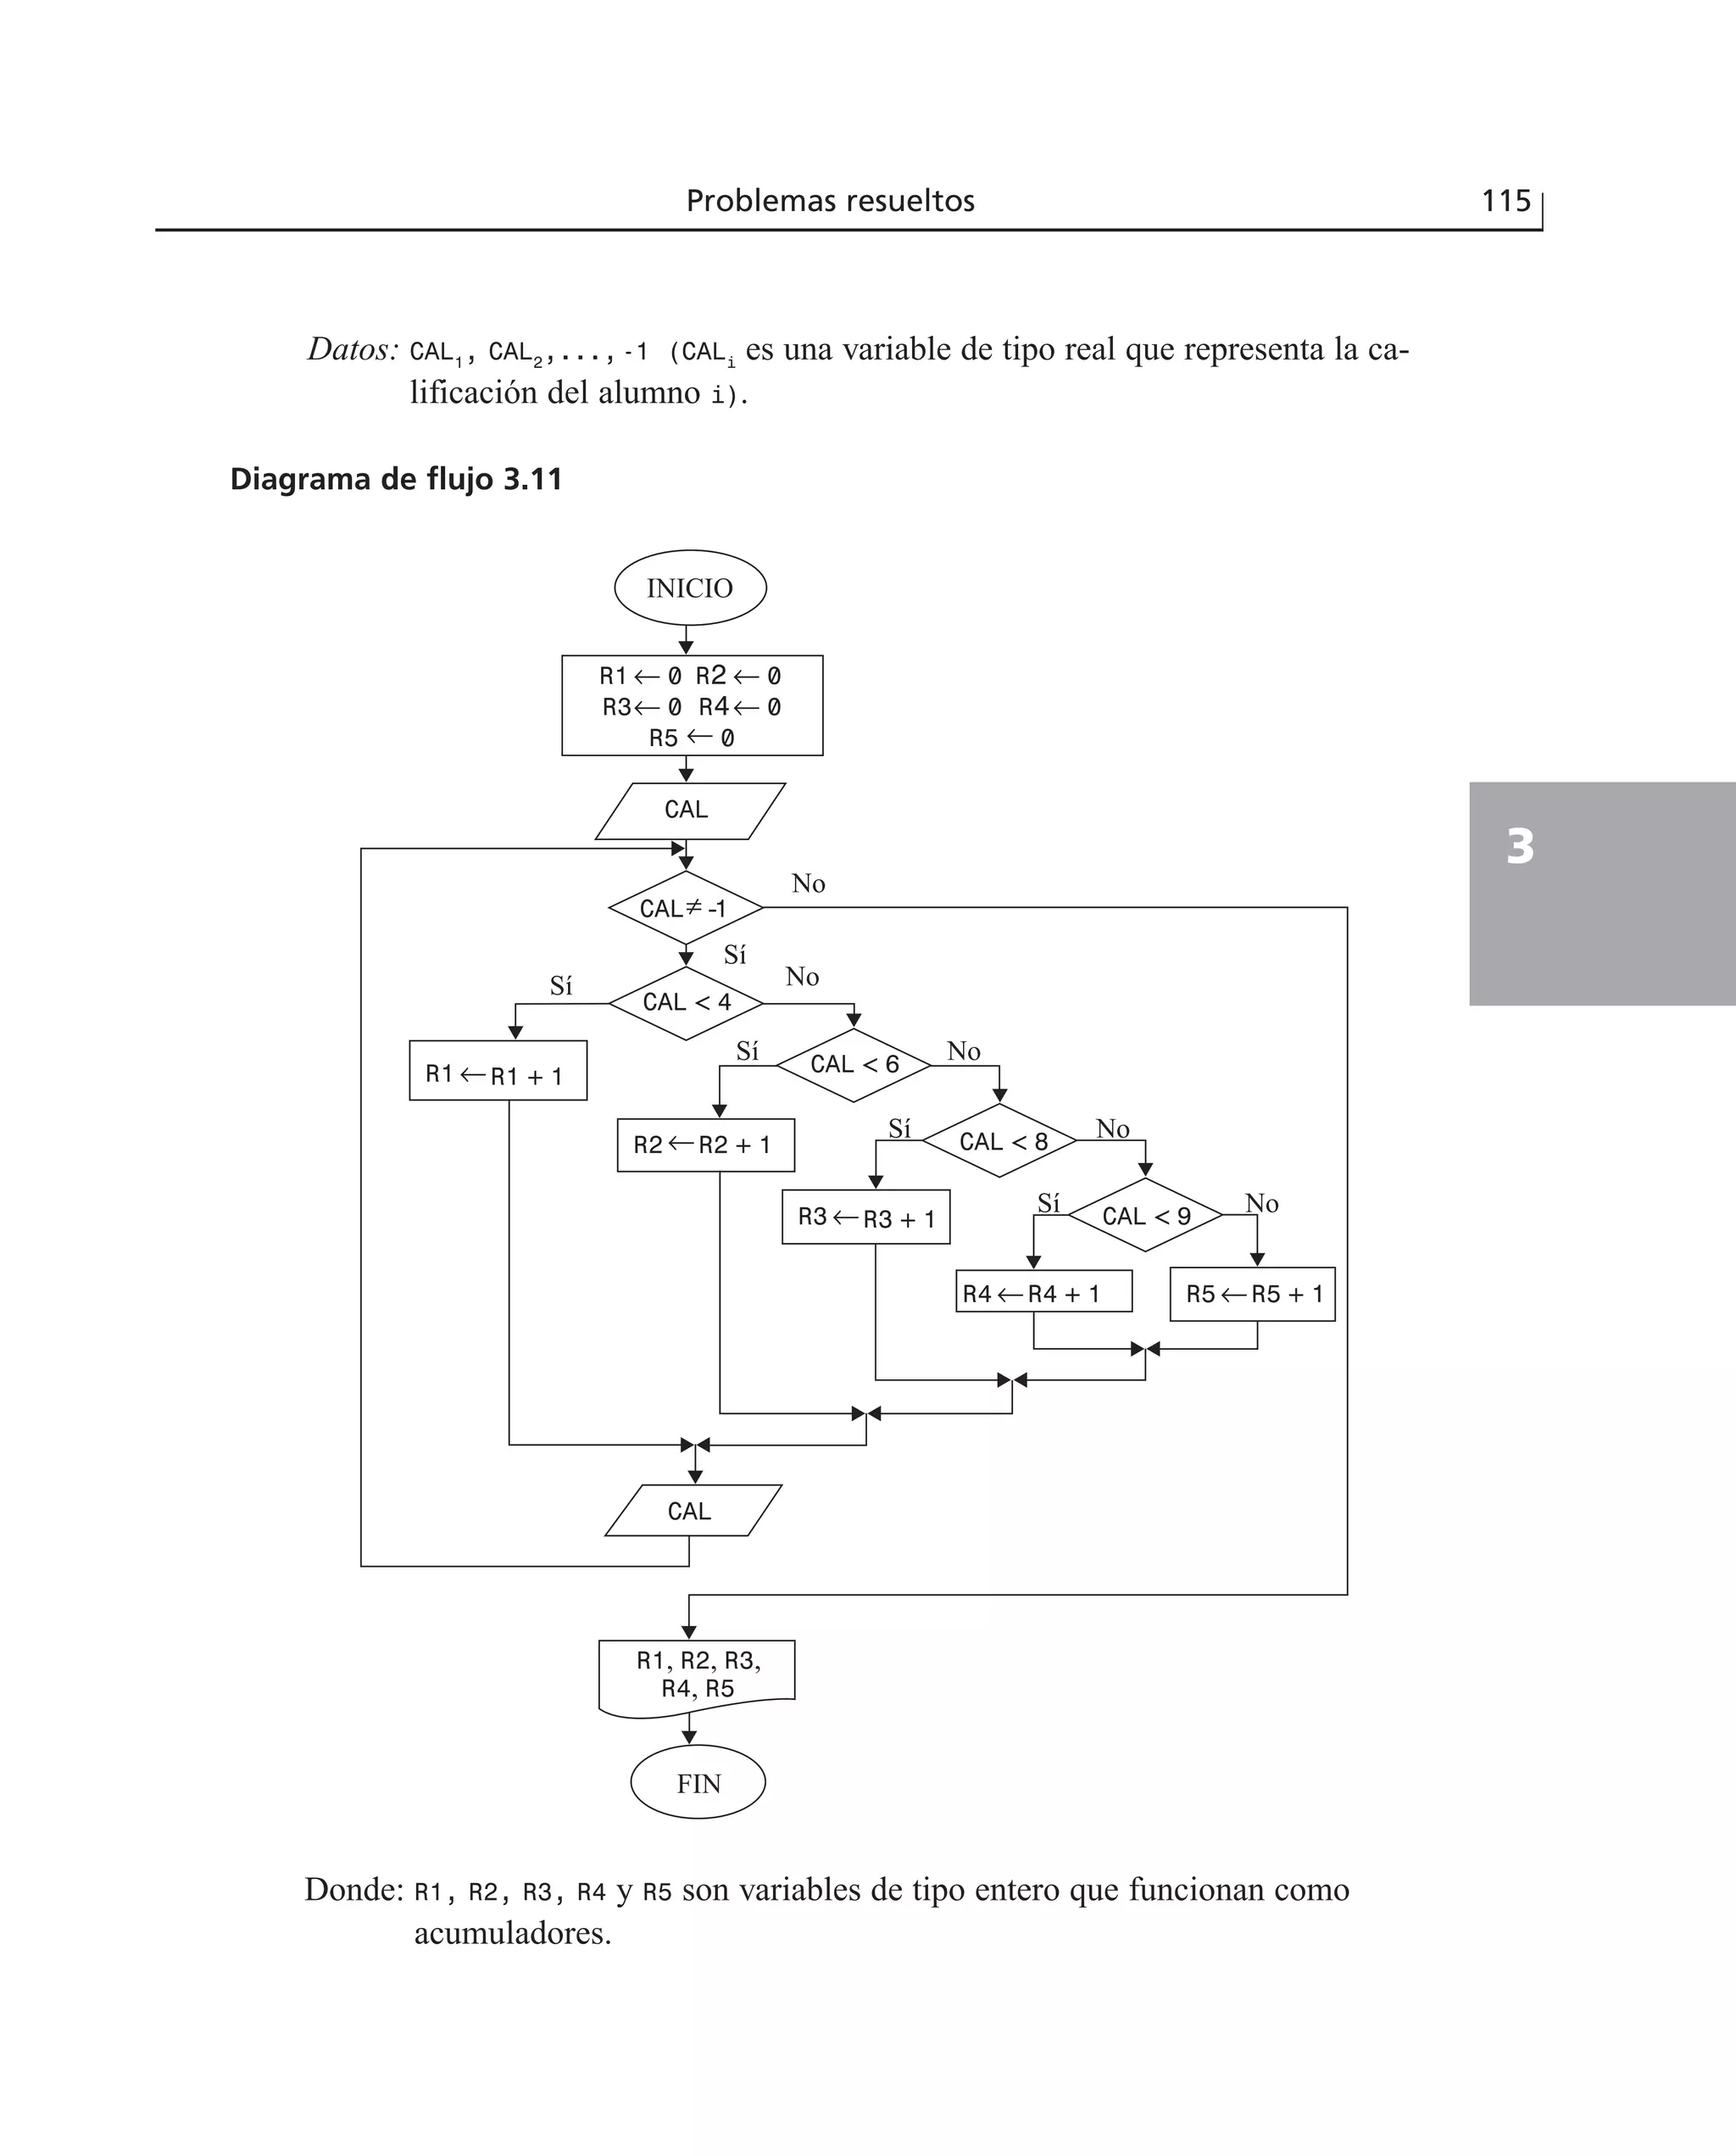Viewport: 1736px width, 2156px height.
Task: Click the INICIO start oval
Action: (690, 588)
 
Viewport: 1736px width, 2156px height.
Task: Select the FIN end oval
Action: (698, 1783)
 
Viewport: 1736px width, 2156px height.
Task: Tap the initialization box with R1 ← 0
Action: (692, 706)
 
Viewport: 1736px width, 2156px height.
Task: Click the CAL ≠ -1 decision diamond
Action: (685, 908)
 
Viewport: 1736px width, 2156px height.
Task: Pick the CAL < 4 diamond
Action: (686, 1003)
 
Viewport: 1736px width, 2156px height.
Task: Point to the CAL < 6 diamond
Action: (854, 1065)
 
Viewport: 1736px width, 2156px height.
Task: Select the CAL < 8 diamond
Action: (1000, 1141)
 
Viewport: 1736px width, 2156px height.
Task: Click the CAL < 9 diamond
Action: (1146, 1216)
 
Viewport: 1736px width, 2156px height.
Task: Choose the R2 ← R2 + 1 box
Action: (706, 1145)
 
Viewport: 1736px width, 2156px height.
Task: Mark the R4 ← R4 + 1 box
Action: (1043, 1292)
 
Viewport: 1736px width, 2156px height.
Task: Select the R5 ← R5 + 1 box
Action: (1253, 1294)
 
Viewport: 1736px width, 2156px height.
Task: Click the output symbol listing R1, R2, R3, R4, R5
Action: (697, 1675)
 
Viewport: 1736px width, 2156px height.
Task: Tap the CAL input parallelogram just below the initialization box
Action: (688, 810)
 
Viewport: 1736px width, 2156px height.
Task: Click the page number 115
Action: (1505, 201)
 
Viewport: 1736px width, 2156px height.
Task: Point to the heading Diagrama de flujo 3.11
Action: (396, 480)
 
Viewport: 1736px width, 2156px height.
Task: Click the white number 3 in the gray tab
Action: (1520, 847)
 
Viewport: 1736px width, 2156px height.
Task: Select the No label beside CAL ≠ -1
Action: (808, 884)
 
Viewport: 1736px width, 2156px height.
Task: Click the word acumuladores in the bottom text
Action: (512, 1933)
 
